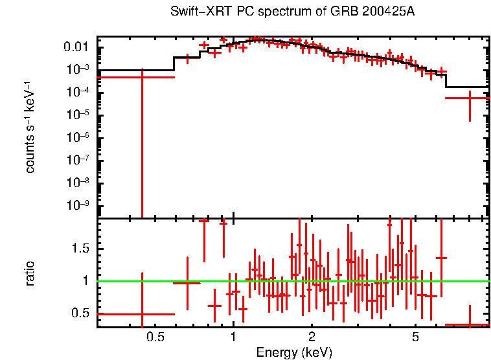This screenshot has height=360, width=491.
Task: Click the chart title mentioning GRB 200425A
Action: tap(292, 12)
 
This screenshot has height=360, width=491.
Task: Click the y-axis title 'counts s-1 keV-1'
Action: tap(30, 128)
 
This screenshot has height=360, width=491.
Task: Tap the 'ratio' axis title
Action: tap(30, 273)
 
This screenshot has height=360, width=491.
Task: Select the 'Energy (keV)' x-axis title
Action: tap(294, 352)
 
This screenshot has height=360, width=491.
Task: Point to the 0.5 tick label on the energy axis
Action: tap(155, 337)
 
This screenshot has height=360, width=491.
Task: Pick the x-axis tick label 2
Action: tap(312, 337)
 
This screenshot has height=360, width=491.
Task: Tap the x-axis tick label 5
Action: tap(415, 337)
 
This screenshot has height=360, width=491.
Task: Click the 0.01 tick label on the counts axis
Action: tap(75, 47)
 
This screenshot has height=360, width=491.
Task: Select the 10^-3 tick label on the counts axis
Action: tap(77, 69)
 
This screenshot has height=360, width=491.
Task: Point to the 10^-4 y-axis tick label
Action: tap(77, 92)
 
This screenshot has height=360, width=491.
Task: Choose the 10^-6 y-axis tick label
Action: tap(77, 137)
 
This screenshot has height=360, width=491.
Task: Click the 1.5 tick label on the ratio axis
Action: tap(82, 249)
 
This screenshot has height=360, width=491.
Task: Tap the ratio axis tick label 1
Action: tap(87, 281)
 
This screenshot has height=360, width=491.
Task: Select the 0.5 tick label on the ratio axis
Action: tap(82, 313)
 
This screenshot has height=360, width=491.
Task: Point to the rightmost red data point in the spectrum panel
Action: tap(469, 98)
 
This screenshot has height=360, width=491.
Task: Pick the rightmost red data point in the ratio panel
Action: tap(469, 324)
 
